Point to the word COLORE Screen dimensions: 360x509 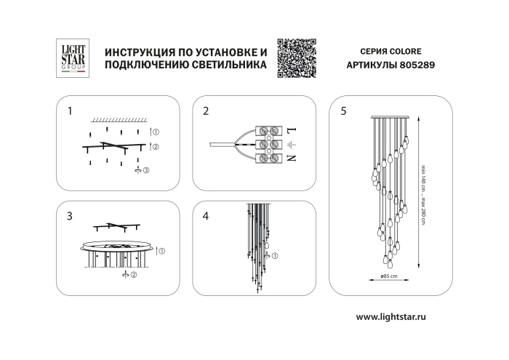pos(405,52)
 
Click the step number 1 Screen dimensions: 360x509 pos(70,111)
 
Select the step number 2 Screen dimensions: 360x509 pos(206,111)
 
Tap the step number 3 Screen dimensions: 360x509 pos(70,216)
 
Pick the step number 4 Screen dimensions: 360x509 pos(206,216)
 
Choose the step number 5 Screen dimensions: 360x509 pos(343,111)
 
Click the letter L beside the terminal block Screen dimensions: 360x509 pos(290,130)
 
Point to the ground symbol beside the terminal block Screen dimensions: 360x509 pos(290,145)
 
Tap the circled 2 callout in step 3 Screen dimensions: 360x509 pos(135,275)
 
